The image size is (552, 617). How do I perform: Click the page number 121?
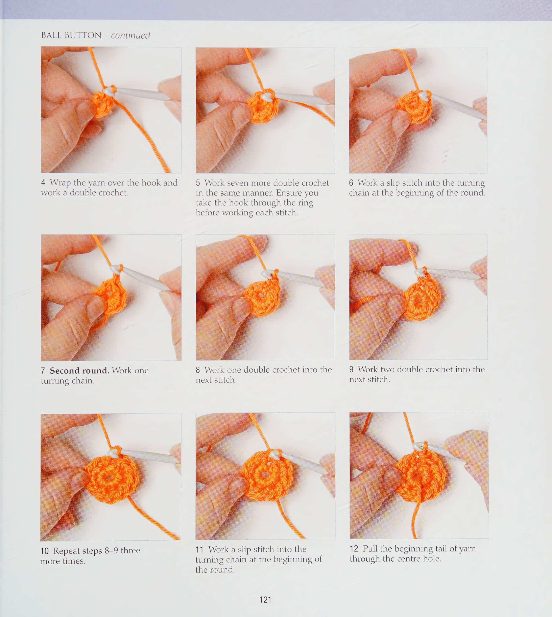point(265,600)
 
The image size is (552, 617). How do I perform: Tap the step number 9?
point(351,369)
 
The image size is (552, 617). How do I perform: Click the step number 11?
point(199,549)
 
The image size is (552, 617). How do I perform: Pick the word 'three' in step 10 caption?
point(131,551)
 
